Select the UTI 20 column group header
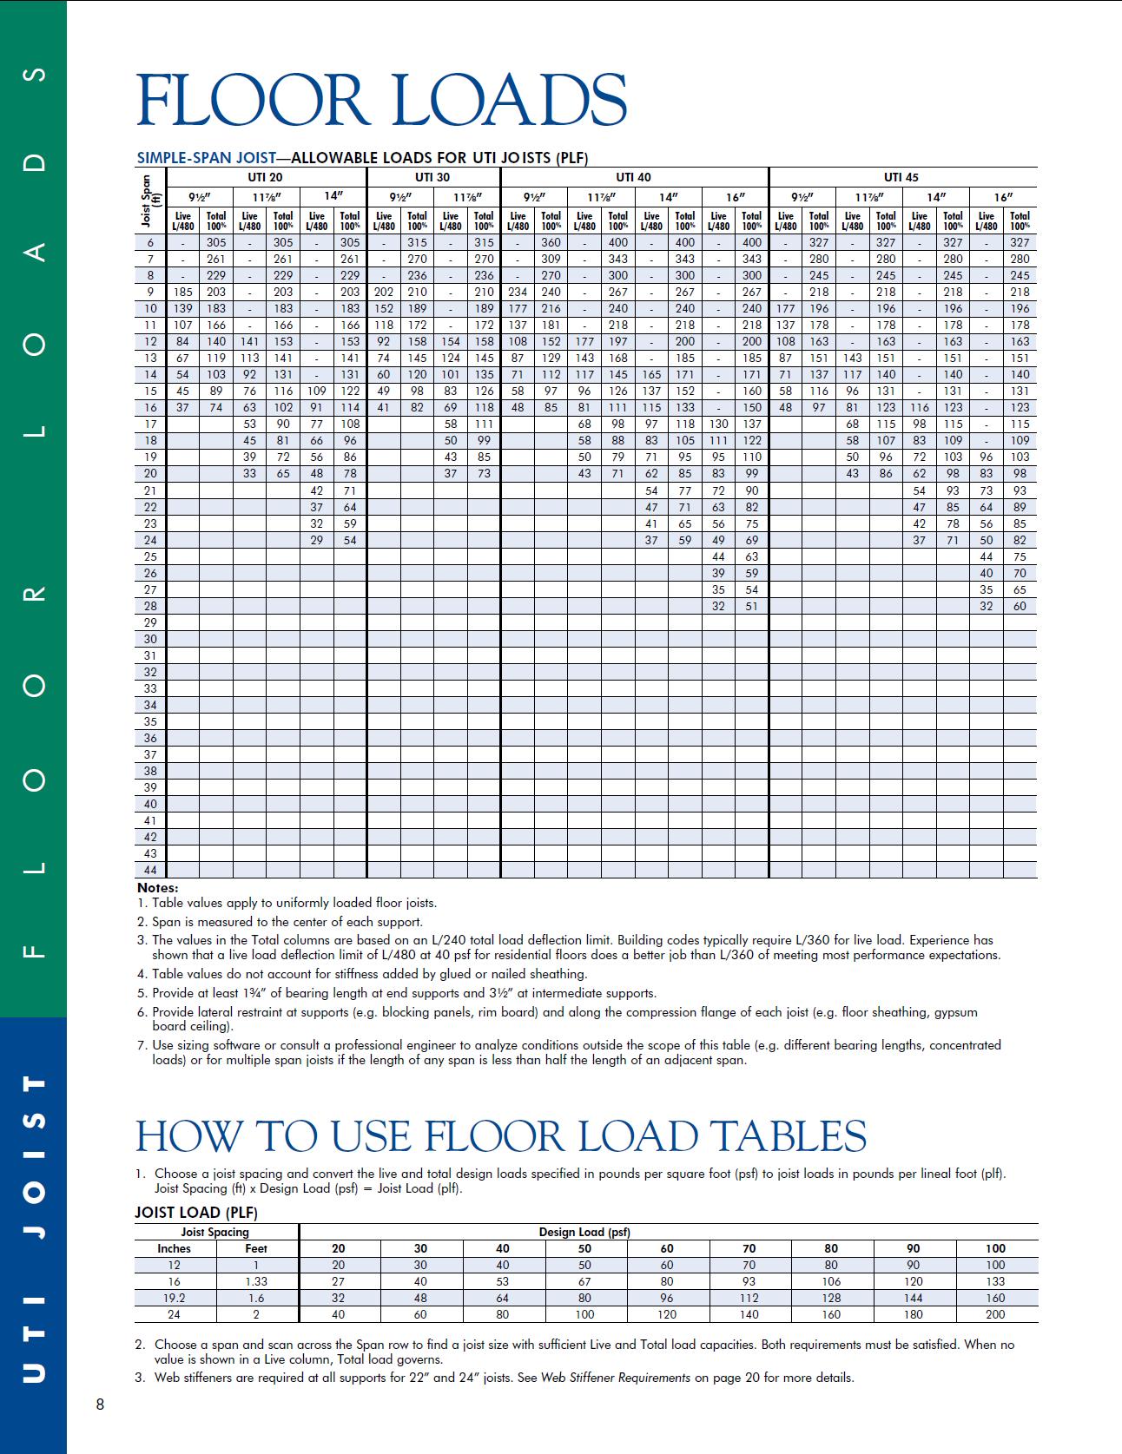[266, 177]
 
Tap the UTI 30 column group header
[432, 177]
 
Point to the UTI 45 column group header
[901, 177]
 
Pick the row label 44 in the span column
[150, 870]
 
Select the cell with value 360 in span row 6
[551, 243]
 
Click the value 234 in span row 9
[518, 293]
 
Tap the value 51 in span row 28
[752, 606]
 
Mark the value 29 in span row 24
[317, 540]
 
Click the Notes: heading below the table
[157, 888]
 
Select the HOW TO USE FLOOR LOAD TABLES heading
[501, 1136]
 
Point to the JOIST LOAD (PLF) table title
[196, 1213]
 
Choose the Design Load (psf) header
[584, 1232]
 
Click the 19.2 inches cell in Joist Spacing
[174, 1298]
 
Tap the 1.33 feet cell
[256, 1281]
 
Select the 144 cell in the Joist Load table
[914, 1298]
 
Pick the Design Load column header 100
[995, 1248]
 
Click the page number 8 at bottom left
[100, 1405]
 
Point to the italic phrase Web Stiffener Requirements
[616, 1378]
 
